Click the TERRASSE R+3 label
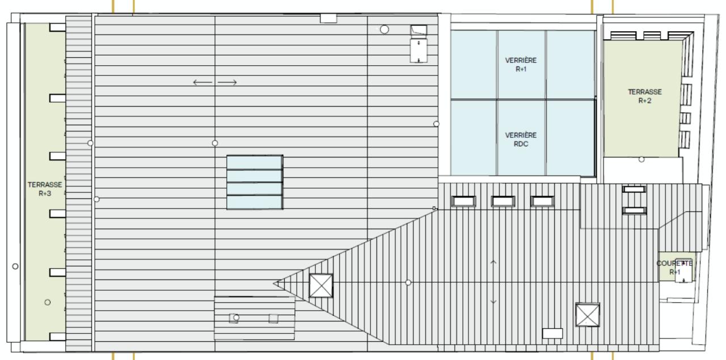point(45,189)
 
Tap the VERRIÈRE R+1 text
point(521,65)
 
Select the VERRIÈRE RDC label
point(521,139)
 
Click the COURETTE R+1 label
point(674,268)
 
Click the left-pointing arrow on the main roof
point(202,83)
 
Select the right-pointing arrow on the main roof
point(227,83)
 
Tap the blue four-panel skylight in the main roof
point(255,183)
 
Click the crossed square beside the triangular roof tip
point(321,285)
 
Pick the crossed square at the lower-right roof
point(587,315)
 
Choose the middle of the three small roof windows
point(503,201)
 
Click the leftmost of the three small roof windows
point(463,201)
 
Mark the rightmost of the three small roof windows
point(542,201)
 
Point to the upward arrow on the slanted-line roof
point(493,262)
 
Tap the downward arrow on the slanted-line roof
point(493,302)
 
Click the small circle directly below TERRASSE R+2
point(641,159)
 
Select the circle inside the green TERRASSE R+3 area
point(48,302)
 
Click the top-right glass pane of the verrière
point(571,64)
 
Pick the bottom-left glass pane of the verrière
point(474,138)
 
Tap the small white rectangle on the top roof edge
point(328,18)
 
